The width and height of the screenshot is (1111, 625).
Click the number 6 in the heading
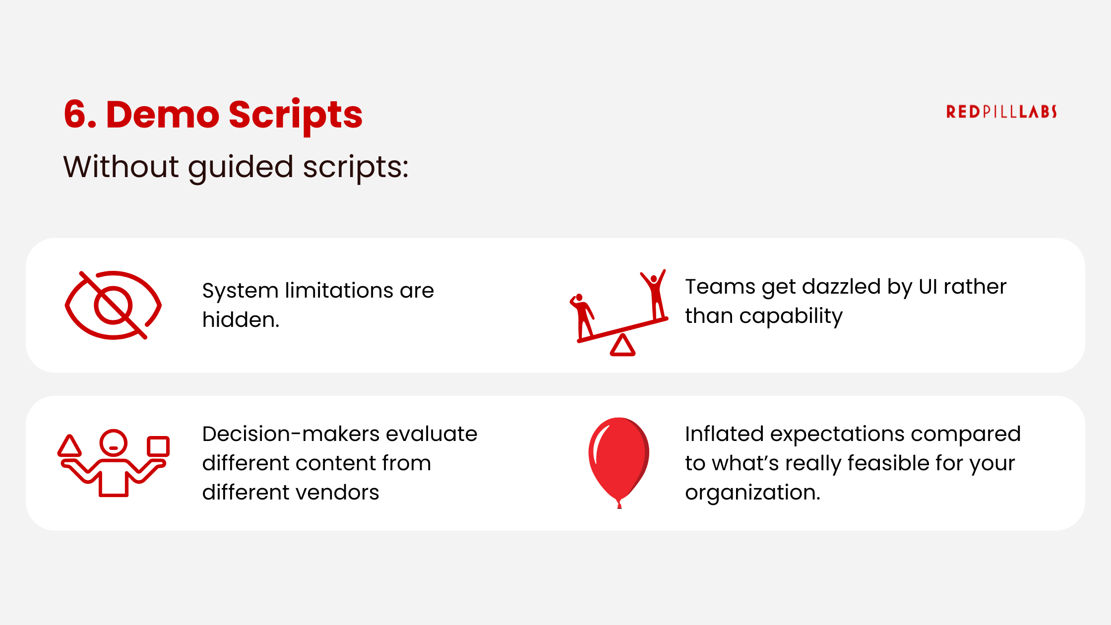[75, 115]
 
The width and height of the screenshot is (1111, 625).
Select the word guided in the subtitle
[241, 168]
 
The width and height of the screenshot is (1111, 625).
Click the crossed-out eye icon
[113, 305]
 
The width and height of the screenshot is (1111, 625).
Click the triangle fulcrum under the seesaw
[622, 346]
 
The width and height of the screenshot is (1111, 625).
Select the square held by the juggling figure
[158, 446]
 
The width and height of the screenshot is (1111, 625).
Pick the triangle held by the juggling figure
[69, 446]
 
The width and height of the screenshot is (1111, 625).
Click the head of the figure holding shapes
[114, 442]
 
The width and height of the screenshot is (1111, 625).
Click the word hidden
[240, 320]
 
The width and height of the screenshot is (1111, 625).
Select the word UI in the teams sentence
[927, 287]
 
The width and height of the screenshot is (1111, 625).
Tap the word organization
[752, 493]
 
